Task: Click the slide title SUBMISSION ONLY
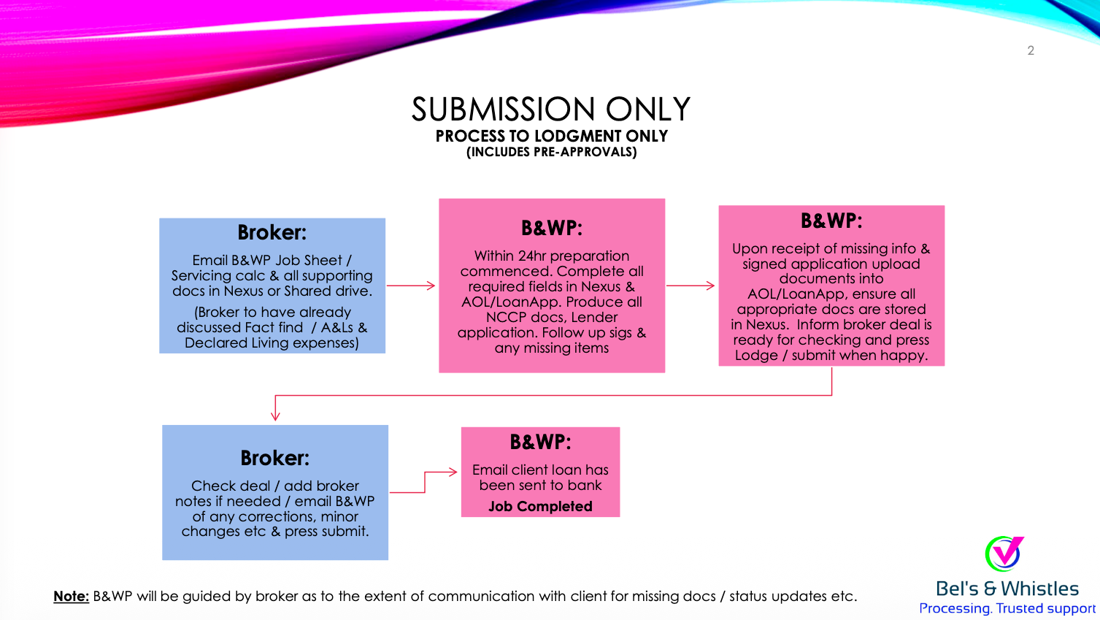coord(550,110)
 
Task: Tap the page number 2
coord(1031,50)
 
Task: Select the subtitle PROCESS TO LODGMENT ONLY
coord(551,137)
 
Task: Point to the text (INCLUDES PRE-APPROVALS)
coord(551,152)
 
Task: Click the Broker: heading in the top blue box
coord(272,232)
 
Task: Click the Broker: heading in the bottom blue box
coord(274,458)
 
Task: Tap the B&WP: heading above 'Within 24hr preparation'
coord(551,228)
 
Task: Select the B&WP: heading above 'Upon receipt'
coord(831,221)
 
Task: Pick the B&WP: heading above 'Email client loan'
coord(540,442)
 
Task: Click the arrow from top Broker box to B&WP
coord(411,286)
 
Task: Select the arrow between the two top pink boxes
coord(691,286)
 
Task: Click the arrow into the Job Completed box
coord(442,472)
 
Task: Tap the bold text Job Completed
coord(540,506)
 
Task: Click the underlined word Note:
coord(71,596)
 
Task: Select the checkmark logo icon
coord(1004,554)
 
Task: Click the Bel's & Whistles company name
coord(1007,589)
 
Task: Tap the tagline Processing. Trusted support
coord(1007,608)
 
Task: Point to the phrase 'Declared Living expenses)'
coord(272,342)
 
